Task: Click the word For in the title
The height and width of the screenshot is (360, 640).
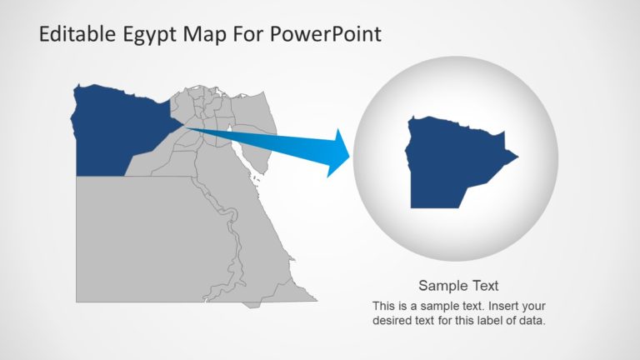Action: tap(251, 35)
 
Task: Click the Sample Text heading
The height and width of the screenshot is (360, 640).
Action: tap(458, 286)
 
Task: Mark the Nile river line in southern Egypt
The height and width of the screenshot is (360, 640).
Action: tap(235, 250)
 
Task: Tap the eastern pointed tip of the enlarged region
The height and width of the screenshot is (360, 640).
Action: tap(516, 156)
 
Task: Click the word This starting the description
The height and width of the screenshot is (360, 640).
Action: tap(384, 306)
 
